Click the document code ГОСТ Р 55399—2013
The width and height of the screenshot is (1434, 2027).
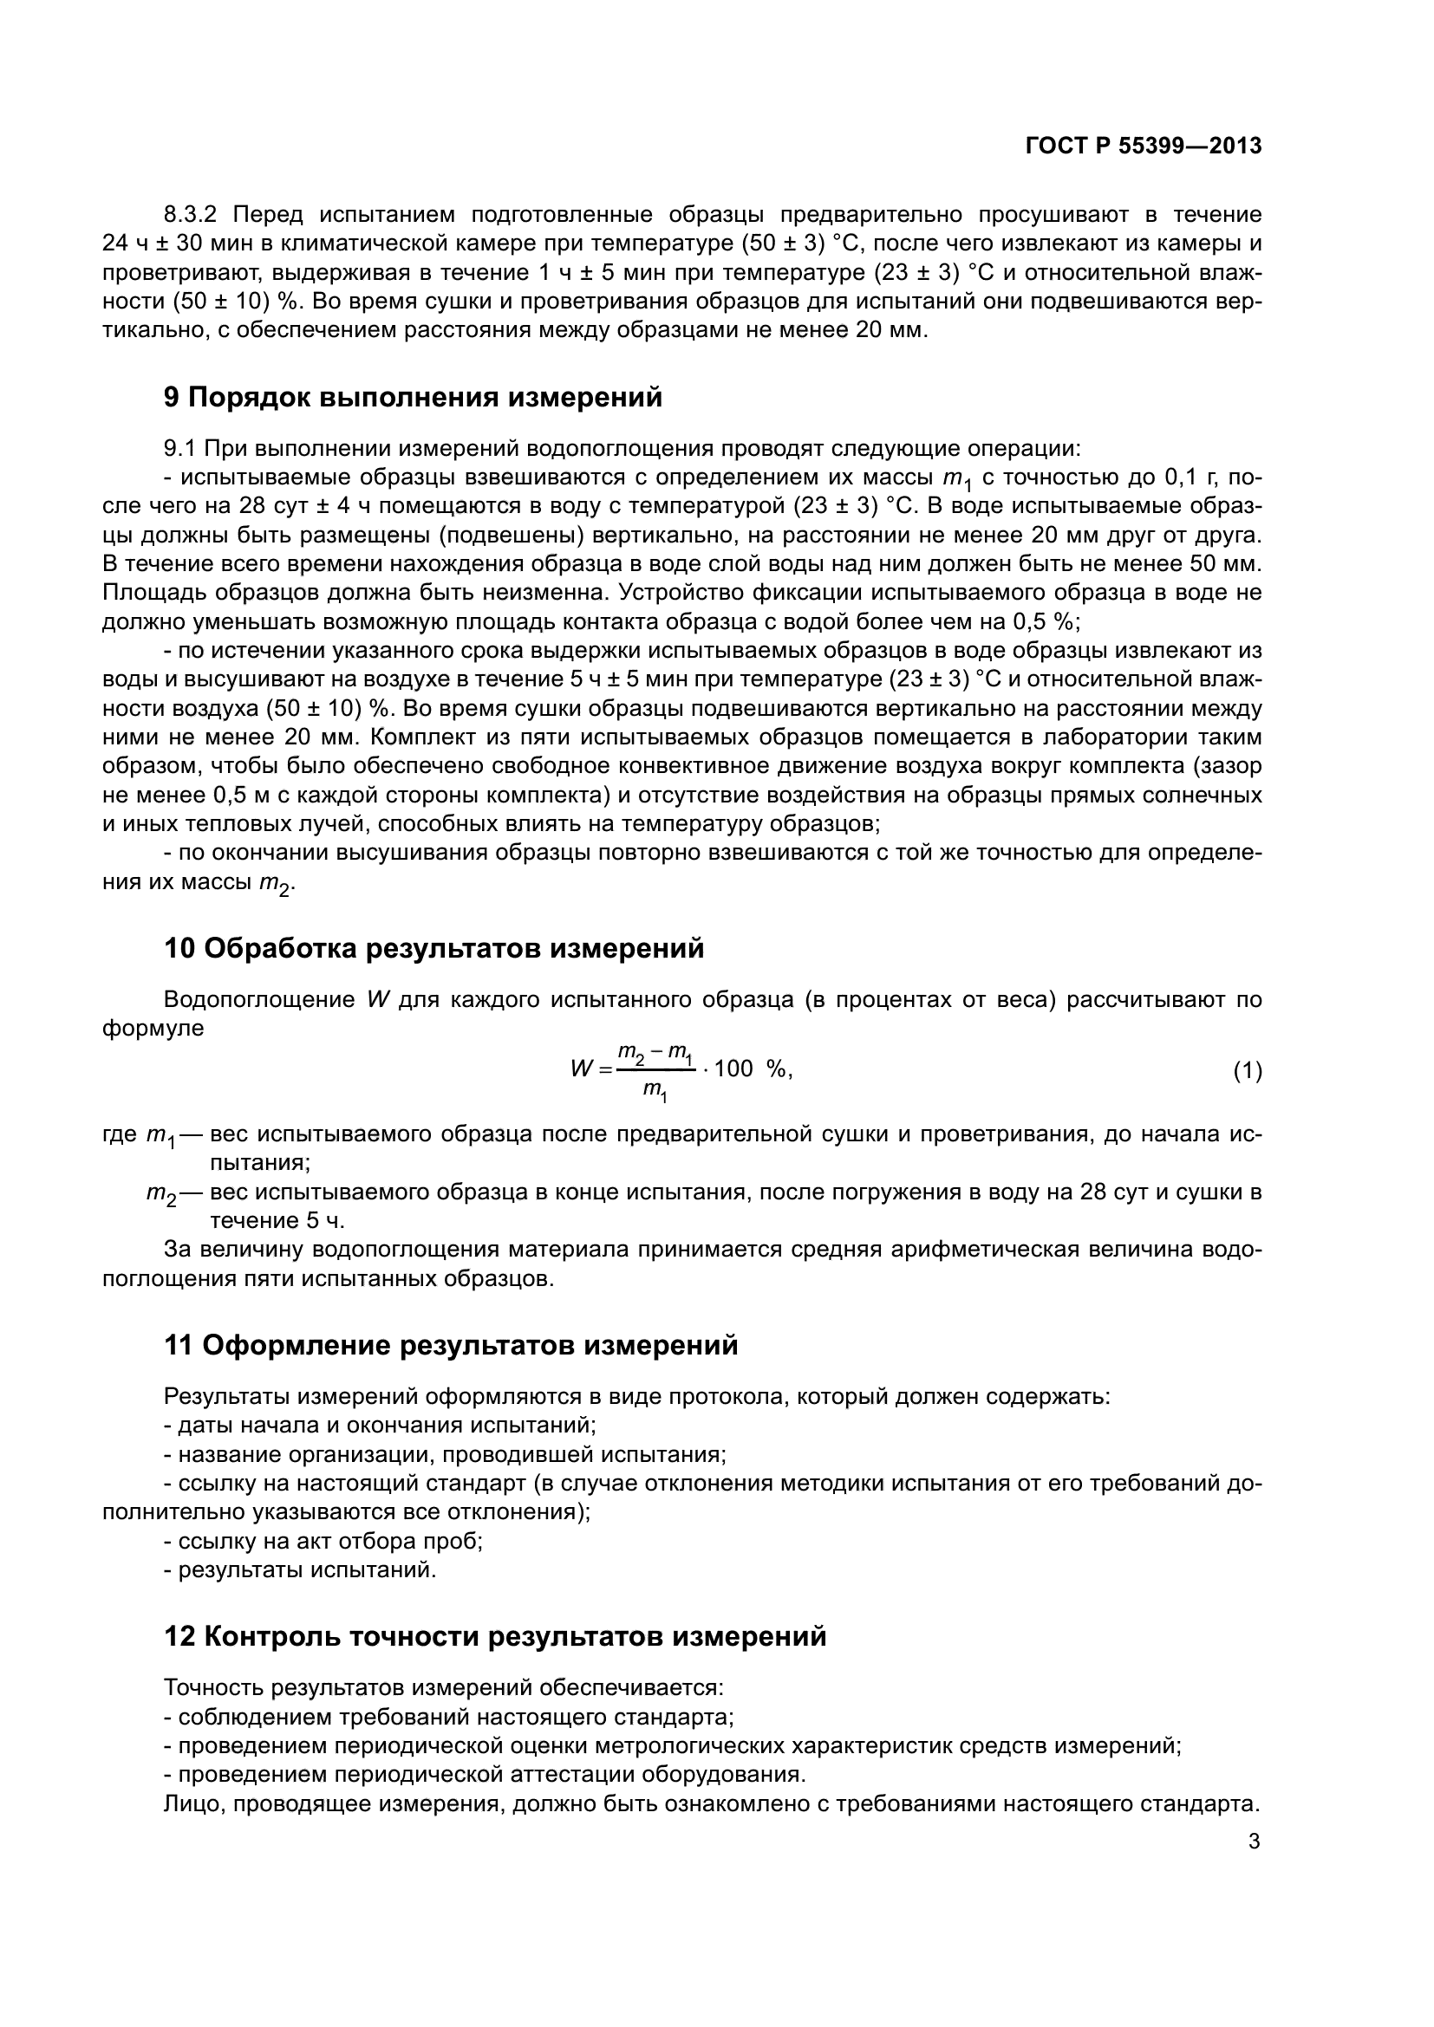pyautogui.click(x=1144, y=146)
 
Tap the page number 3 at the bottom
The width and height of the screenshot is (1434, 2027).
pyautogui.click(x=1254, y=1842)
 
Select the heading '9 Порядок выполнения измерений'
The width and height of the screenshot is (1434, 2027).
pyautogui.click(x=413, y=397)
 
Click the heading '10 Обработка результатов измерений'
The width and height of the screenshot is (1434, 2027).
pyautogui.click(x=433, y=949)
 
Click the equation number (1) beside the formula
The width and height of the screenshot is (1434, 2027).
pyautogui.click(x=1247, y=1072)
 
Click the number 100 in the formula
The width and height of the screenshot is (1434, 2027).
pyautogui.click(x=733, y=1069)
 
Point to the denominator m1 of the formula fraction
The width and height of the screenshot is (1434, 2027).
pyautogui.click(x=655, y=1092)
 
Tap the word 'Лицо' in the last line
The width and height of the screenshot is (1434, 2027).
pyautogui.click(x=192, y=1803)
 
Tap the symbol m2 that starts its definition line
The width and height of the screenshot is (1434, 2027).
pyautogui.click(x=161, y=1193)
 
